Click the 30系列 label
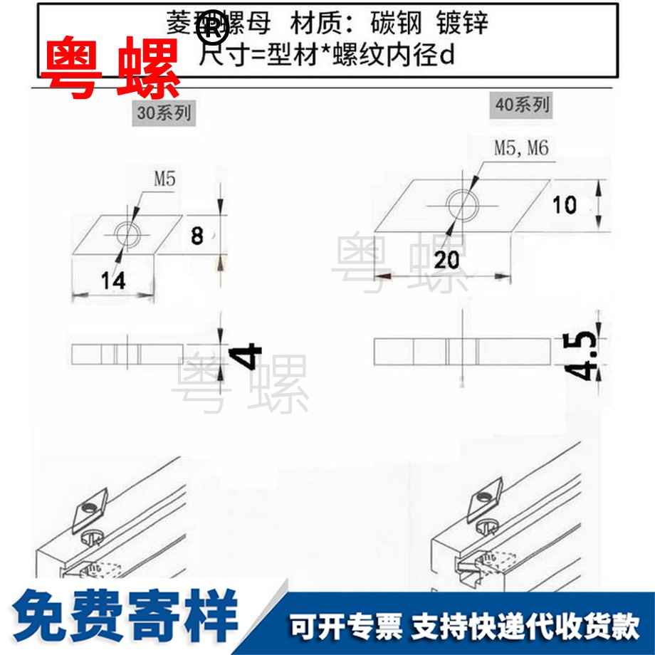tap(164, 112)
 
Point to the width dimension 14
tap(112, 281)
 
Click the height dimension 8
tap(197, 236)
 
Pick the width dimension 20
tap(446, 261)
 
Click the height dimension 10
tap(565, 205)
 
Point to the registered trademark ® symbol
tap(214, 30)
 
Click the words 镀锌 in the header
tap(466, 23)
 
